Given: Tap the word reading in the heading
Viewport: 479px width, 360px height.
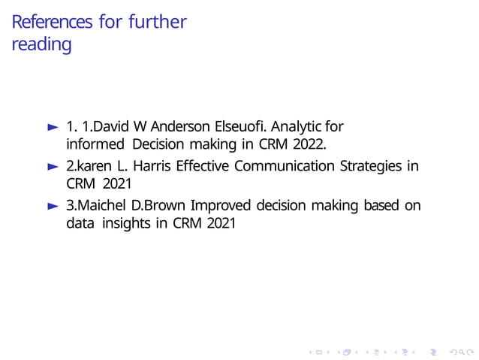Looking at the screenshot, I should [42, 44].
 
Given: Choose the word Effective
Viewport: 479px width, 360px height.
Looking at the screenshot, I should [202, 165].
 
